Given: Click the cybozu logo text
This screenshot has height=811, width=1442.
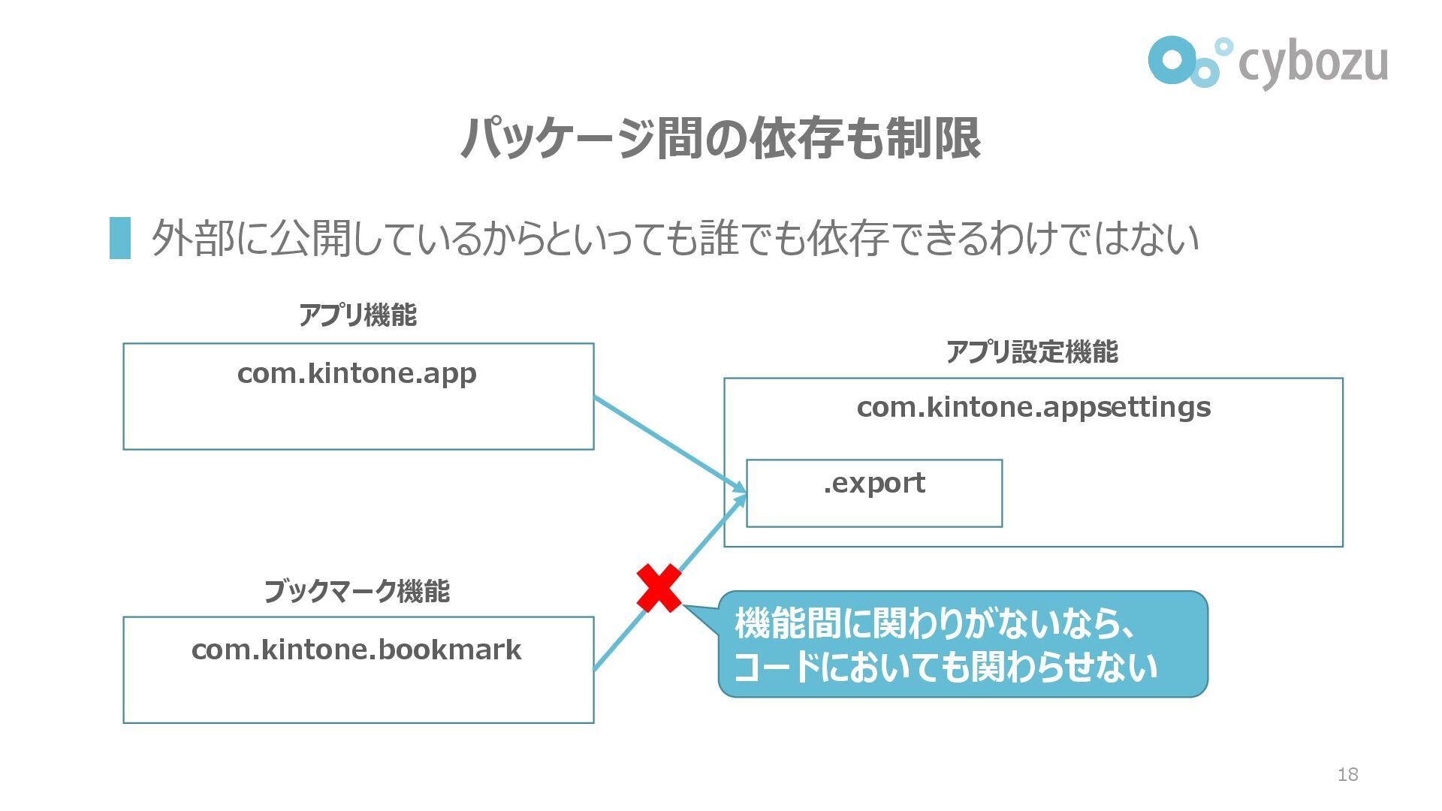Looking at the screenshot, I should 1312,63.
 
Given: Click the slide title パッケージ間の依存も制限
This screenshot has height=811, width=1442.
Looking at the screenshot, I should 720,138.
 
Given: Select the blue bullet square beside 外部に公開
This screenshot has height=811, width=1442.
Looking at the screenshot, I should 120,238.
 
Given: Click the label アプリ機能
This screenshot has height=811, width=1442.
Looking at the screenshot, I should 357,315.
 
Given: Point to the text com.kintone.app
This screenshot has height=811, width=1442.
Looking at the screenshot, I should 357,373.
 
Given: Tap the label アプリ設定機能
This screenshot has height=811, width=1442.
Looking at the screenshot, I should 1032,351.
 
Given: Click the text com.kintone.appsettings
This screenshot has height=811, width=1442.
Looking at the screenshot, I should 1033,407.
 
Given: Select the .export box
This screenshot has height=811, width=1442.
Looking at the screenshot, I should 874,493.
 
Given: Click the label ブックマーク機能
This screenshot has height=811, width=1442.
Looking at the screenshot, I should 357,592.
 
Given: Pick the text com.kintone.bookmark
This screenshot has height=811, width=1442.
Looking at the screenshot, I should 357,650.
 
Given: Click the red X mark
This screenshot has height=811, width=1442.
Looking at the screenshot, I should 659,588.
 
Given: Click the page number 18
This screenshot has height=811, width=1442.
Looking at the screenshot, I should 1347,774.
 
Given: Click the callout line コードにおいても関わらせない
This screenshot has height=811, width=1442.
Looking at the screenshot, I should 945,667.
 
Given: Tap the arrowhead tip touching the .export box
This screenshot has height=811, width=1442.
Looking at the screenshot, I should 745,493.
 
